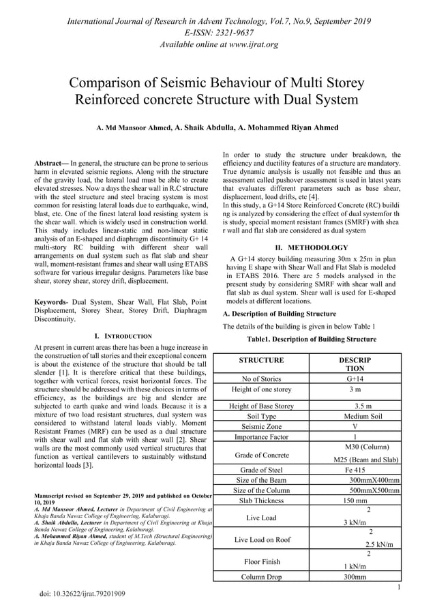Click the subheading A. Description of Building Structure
[x=280, y=314]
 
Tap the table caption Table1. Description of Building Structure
[x=311, y=339]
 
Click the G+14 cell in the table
[x=355, y=378]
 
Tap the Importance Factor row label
[x=261, y=437]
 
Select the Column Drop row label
[x=261, y=577]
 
